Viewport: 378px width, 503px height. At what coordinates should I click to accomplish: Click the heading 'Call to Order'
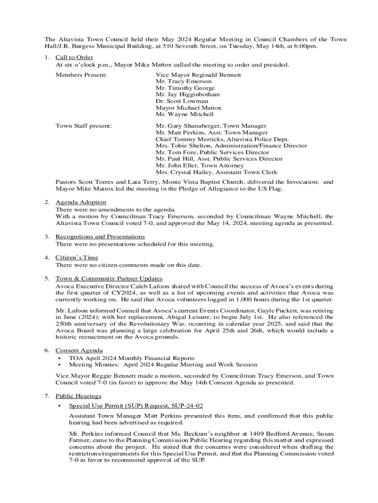click(74, 57)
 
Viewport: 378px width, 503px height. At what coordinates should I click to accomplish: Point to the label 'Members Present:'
click(81, 75)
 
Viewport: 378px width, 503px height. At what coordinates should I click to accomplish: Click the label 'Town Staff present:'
click(83, 126)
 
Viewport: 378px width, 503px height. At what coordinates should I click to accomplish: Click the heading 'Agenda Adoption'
click(81, 202)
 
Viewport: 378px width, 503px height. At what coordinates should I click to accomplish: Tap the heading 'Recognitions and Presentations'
click(100, 237)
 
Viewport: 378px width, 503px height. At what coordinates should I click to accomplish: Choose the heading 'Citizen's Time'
click(77, 257)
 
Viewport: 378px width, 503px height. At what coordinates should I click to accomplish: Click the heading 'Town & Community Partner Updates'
click(109, 279)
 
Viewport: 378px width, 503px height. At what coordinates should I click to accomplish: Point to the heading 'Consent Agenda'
click(79, 350)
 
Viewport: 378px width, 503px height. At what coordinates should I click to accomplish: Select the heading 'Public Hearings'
click(78, 396)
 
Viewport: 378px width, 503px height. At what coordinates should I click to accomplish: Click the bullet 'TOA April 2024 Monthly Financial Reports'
click(132, 359)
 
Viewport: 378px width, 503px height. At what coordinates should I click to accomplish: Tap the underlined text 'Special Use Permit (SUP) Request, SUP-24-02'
click(135, 406)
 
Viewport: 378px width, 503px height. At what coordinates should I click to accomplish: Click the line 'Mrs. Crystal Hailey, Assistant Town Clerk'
click(216, 172)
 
